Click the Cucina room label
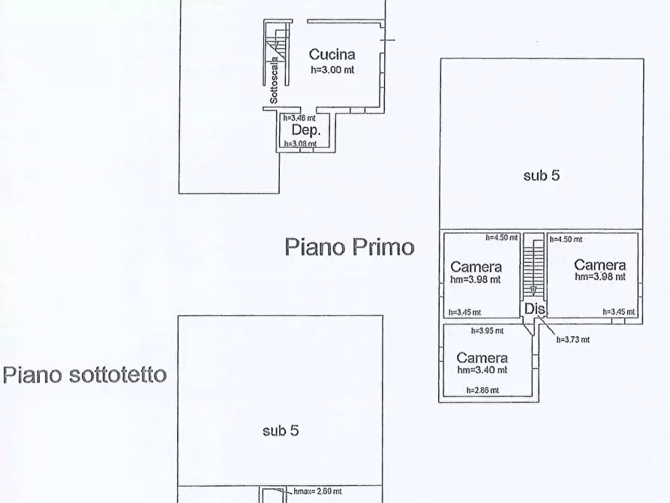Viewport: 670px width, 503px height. (x=332, y=54)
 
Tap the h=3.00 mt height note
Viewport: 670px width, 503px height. (x=332, y=69)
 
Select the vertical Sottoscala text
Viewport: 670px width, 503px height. (x=275, y=80)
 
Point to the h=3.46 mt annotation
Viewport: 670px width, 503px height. (x=299, y=118)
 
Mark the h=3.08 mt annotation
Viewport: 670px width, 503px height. (x=299, y=143)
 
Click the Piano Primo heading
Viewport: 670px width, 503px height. (x=349, y=247)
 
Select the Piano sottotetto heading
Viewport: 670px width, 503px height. (x=85, y=375)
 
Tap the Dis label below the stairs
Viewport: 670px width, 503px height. (x=533, y=309)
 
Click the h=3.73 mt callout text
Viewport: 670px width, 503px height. (x=572, y=339)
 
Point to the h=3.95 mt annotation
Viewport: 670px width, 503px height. (x=487, y=330)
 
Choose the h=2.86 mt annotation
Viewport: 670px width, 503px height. (x=482, y=390)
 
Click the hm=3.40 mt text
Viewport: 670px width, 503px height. (x=482, y=369)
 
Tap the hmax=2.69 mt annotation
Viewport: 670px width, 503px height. (x=312, y=491)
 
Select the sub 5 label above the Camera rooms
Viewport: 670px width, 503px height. (x=541, y=176)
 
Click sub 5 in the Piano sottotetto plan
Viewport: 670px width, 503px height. (x=281, y=431)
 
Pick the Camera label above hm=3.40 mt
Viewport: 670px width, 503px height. (x=482, y=358)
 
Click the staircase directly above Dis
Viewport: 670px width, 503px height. (x=533, y=267)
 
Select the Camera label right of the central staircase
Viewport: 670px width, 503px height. (x=599, y=265)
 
